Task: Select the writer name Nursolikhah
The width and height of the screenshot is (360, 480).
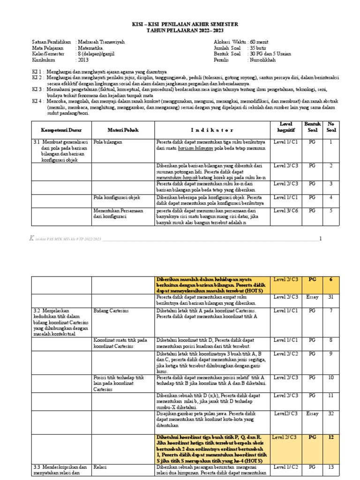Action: click(x=262, y=60)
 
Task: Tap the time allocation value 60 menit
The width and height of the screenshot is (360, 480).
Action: click(x=260, y=42)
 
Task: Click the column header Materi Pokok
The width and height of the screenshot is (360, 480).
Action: click(x=123, y=130)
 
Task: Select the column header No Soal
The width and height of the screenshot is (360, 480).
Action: click(x=330, y=127)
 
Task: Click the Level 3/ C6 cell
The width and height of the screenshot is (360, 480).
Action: click(x=286, y=211)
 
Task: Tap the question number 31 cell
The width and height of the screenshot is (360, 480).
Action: click(x=330, y=297)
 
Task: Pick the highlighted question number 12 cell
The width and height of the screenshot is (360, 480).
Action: click(x=330, y=437)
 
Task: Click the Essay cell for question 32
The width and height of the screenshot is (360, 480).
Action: click(x=312, y=413)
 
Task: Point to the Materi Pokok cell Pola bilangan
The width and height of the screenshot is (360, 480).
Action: click(x=107, y=142)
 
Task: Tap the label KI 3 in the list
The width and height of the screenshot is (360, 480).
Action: click(x=37, y=89)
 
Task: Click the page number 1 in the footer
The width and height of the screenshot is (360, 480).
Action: click(x=321, y=239)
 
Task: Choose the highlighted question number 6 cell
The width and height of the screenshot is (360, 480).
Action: click(x=330, y=279)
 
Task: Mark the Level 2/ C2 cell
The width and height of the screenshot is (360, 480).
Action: click(x=286, y=354)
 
